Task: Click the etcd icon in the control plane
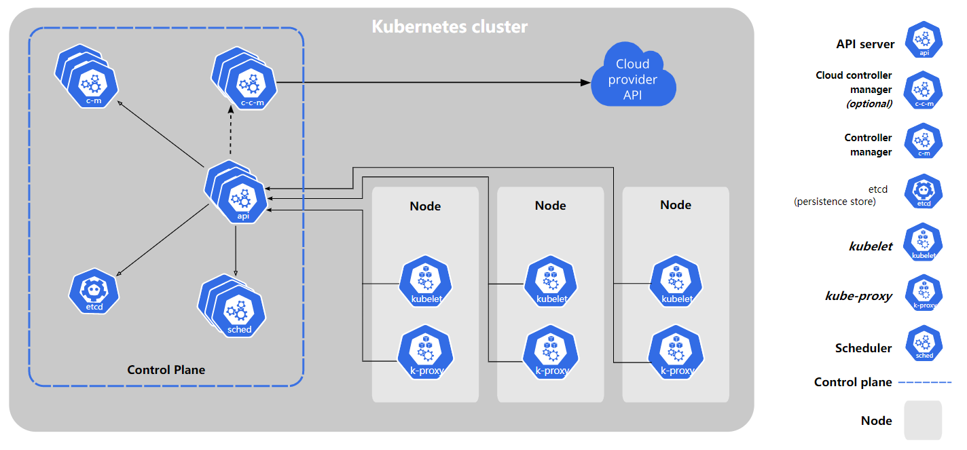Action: coord(94,291)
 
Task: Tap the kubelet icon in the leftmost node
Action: coord(426,281)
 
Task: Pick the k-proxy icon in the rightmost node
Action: coord(676,352)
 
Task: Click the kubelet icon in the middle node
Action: coord(551,281)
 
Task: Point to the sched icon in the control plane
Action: coord(232,305)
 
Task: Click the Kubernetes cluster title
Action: coord(450,26)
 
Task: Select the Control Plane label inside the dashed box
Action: coord(166,370)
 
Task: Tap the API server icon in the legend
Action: coord(924,39)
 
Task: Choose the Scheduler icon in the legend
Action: coord(924,343)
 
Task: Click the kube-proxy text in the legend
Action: coord(858,296)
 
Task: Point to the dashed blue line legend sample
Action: coord(925,382)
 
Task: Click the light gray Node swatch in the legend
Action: coord(923,420)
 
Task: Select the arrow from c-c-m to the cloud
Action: coord(433,82)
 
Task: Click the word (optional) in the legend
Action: coord(869,104)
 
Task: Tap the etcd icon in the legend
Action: coord(924,191)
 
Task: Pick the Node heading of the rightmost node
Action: coord(676,205)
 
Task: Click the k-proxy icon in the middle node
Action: coord(551,352)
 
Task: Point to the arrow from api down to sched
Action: coord(235,251)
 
